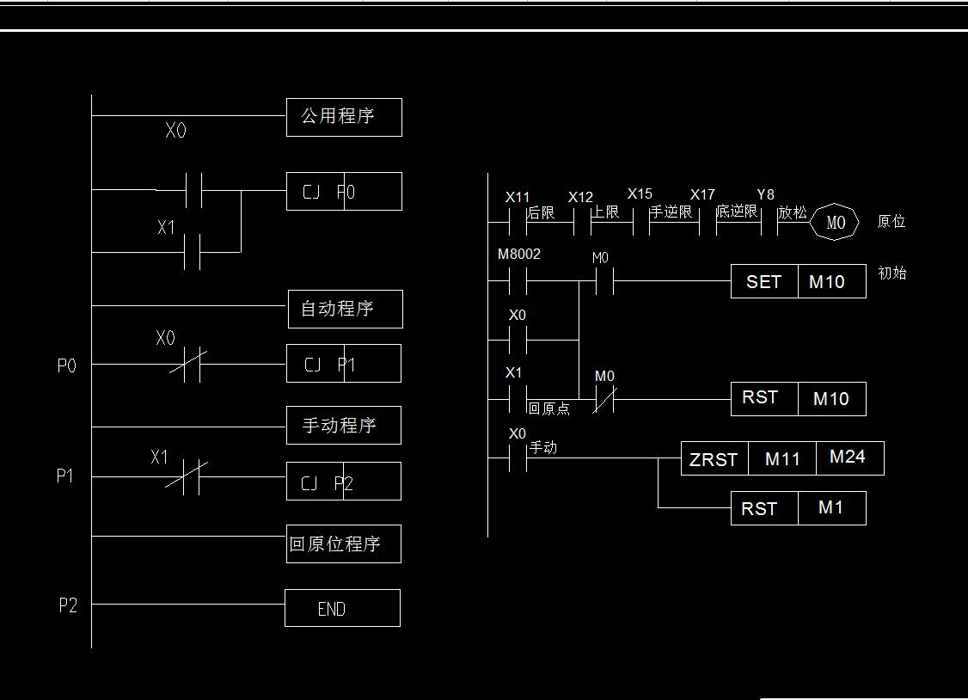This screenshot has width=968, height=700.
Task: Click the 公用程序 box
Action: click(x=344, y=117)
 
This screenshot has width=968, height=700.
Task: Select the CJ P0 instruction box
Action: click(x=344, y=191)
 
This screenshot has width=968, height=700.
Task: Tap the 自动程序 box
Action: click(x=345, y=309)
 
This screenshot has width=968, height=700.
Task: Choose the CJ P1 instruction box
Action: click(x=343, y=364)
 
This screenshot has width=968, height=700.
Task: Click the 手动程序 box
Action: click(x=344, y=426)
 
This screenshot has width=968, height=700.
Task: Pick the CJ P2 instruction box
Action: click(x=343, y=482)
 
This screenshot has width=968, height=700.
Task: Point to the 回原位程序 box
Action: click(x=343, y=544)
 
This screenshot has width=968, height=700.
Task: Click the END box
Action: click(x=342, y=608)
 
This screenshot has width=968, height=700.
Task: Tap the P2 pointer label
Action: click(x=68, y=605)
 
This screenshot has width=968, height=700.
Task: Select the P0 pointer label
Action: click(x=66, y=366)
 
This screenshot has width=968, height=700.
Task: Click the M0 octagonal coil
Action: click(x=836, y=223)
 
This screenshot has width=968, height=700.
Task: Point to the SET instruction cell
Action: click(x=764, y=282)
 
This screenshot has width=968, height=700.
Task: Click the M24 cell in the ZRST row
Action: click(x=849, y=457)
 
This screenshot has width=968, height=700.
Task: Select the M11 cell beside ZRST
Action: click(x=782, y=459)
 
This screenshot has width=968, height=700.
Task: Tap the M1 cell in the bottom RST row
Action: click(x=831, y=508)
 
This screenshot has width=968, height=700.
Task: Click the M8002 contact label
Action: click(x=519, y=255)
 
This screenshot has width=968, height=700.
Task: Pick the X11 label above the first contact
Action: click(x=518, y=197)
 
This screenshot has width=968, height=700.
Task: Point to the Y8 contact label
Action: click(x=765, y=195)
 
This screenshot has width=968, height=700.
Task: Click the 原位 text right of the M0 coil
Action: click(x=891, y=222)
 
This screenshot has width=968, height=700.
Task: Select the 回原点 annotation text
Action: click(x=548, y=408)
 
